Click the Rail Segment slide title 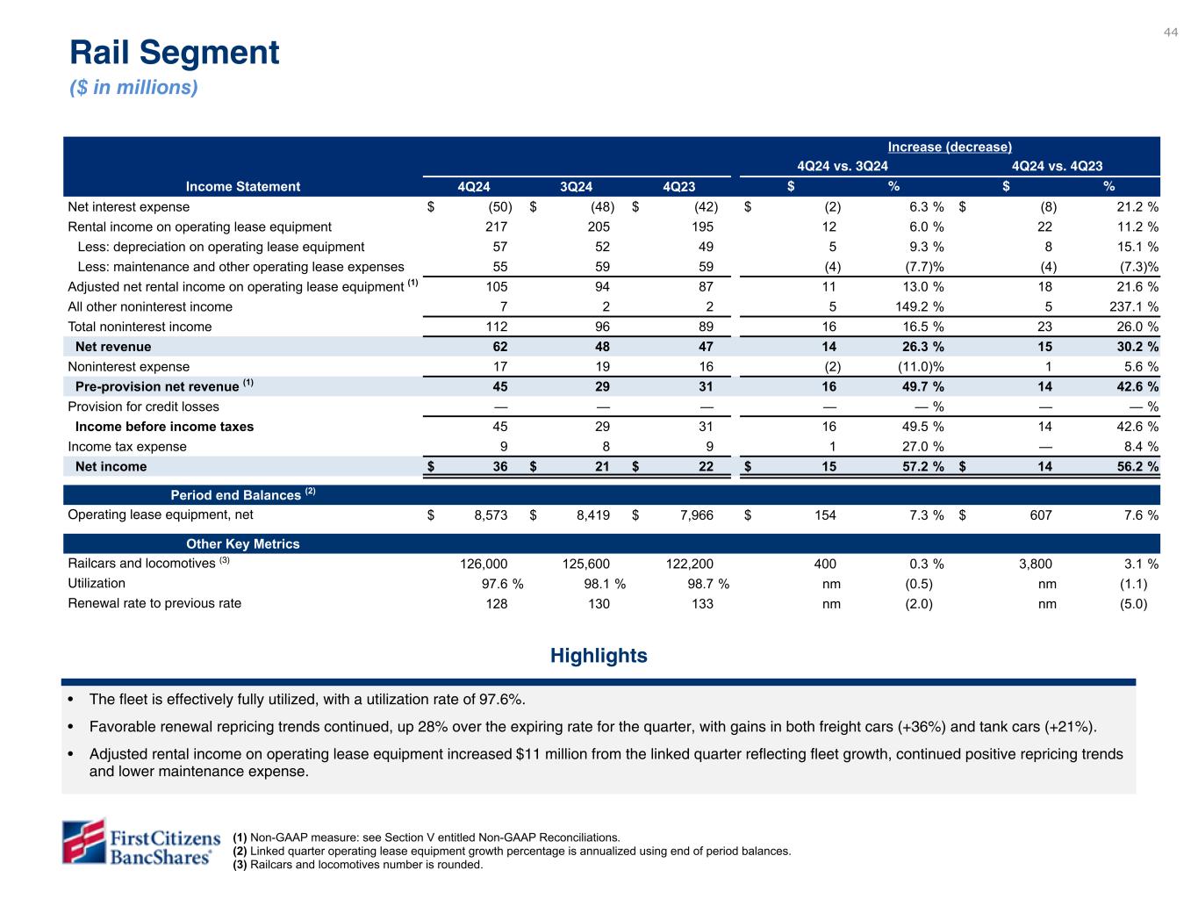tap(175, 53)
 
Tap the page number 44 tap(1171, 32)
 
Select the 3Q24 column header tap(577, 186)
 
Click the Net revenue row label tap(113, 347)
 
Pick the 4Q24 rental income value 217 tap(496, 227)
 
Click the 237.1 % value tap(1132, 306)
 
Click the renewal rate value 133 tap(702, 604)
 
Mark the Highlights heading tap(599, 656)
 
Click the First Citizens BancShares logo tap(139, 842)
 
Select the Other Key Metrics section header tap(243, 543)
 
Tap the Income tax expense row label tap(127, 446)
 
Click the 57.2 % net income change tap(918, 466)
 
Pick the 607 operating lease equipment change tap(1041, 515)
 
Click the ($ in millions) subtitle tap(134, 88)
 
